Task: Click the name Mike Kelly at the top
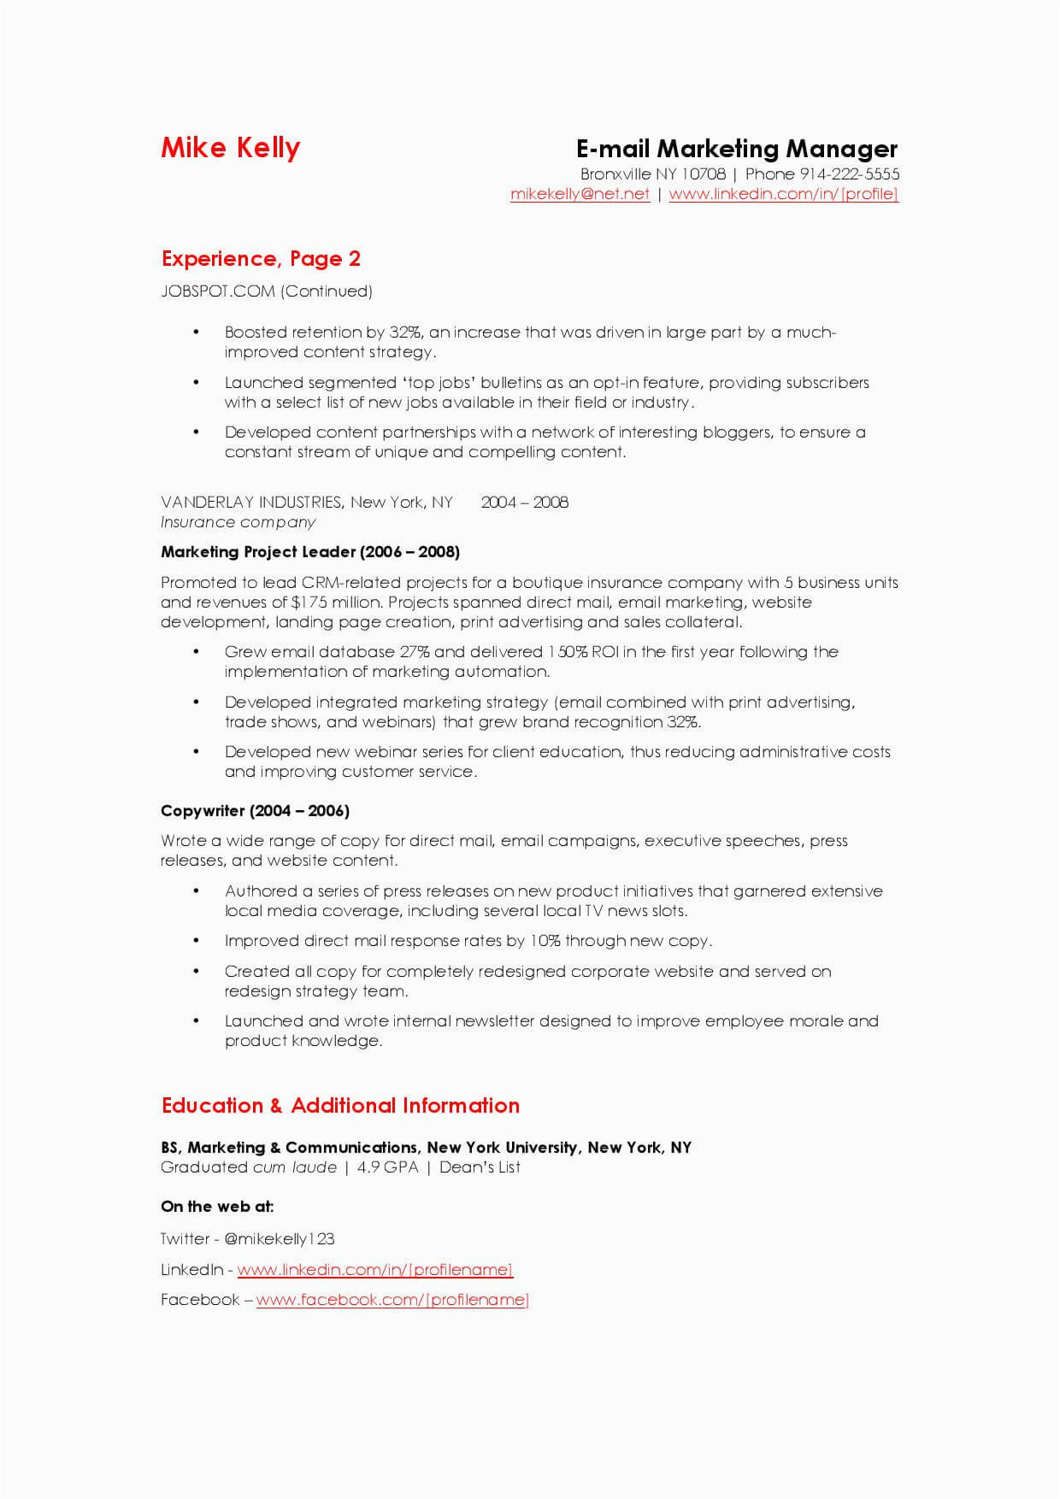230,148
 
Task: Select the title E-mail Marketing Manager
736,150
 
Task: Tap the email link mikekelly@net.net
580,194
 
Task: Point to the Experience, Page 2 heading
261,259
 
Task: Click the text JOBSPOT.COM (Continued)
267,291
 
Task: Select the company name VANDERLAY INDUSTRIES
251,503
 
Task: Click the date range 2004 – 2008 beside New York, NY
524,503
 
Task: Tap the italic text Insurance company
238,522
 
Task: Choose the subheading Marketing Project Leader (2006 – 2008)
310,552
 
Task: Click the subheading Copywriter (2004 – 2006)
255,811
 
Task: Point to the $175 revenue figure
309,603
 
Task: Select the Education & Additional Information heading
340,1106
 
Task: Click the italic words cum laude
295,1167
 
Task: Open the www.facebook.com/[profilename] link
392,1300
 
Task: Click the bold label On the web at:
217,1207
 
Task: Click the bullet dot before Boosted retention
197,332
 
